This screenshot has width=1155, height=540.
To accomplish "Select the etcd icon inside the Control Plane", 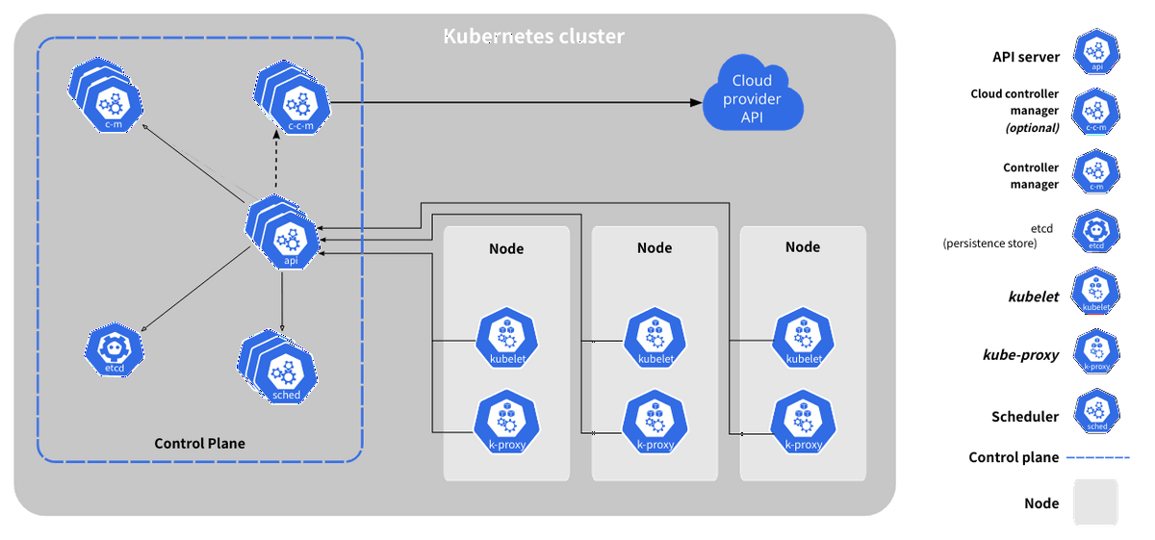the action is (114, 349).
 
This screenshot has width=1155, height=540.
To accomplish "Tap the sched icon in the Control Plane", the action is (278, 368).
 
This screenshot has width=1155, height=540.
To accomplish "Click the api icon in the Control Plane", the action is (284, 233).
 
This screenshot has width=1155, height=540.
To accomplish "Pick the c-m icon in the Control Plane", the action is (106, 95).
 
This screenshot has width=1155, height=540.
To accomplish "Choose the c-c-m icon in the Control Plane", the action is (293, 97).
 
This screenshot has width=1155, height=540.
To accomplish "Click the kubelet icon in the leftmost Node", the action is (507, 338).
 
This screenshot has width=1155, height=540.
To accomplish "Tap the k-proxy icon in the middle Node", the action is (654, 422).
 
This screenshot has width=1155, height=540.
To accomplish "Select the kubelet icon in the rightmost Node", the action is (804, 338).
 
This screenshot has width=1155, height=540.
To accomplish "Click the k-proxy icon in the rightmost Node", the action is (804, 422).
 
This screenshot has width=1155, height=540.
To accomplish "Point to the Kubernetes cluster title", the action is (533, 37).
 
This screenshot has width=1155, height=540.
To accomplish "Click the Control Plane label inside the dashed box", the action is (199, 443).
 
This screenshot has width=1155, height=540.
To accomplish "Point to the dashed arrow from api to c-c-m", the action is (276, 159).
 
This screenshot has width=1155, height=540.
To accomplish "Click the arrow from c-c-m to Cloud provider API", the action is (516, 103).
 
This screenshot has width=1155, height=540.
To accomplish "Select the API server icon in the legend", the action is (1096, 52).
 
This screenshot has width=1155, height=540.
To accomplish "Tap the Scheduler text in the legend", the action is (1024, 416).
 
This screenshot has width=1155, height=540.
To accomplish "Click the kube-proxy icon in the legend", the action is (1096, 352).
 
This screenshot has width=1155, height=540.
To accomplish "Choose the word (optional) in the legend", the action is (1032, 127).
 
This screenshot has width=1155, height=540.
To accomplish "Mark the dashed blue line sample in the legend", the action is (1098, 457).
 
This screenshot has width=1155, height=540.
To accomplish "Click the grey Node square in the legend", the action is (1095, 501).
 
